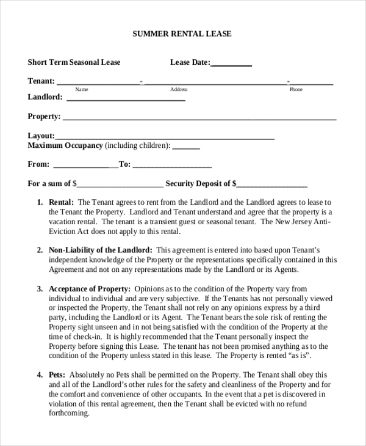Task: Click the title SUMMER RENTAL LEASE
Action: (182, 34)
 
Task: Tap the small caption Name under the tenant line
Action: (81, 90)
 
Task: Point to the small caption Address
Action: (179, 90)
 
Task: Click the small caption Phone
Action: (296, 90)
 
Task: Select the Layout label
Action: (41, 136)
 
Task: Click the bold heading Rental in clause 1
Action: (61, 202)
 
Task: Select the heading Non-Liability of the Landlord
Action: (100, 250)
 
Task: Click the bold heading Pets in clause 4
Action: (57, 375)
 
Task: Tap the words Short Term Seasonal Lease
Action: (74, 62)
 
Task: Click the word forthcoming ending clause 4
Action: (68, 413)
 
